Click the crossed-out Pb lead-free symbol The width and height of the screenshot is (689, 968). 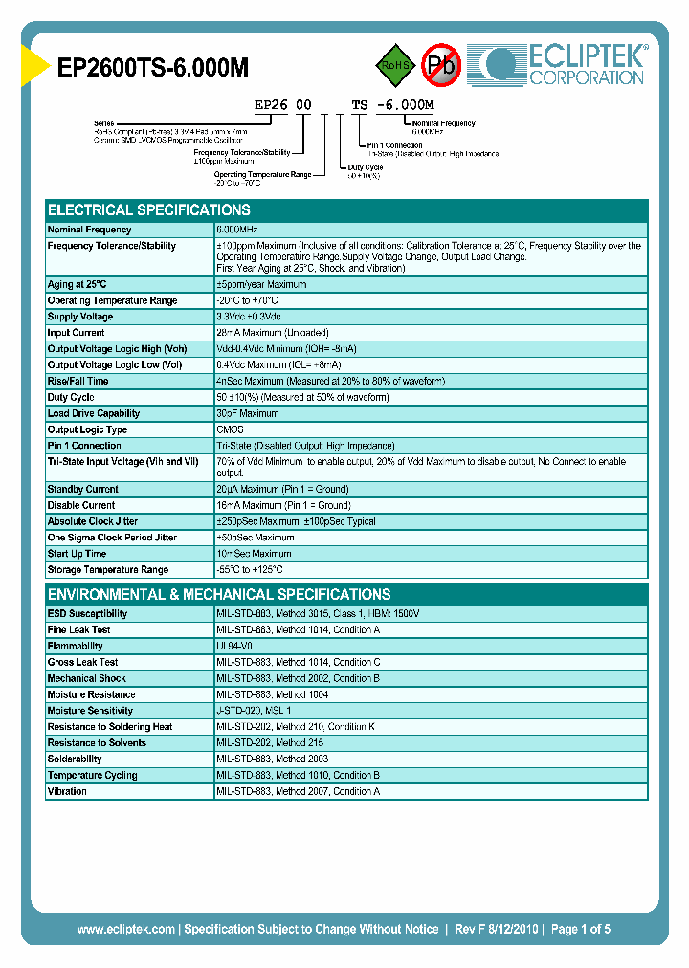coord(441,65)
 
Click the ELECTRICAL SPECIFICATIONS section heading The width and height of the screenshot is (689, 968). coord(149,209)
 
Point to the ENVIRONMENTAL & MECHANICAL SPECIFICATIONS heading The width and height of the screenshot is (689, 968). coord(219,594)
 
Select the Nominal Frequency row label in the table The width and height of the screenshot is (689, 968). coord(90,230)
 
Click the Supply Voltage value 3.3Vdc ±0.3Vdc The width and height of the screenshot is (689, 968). coord(249,317)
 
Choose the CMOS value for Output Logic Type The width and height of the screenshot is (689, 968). coord(231,430)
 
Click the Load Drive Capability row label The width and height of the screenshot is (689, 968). coord(94,414)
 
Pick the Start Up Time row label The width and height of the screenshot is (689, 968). coord(78,554)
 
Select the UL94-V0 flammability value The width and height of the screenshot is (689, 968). coord(235,647)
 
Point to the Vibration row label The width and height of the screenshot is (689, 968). coord(68,792)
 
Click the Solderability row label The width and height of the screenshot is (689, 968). coord(76,759)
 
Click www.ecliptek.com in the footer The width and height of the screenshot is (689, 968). coord(125,929)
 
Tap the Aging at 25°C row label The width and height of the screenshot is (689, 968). coord(78,285)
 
